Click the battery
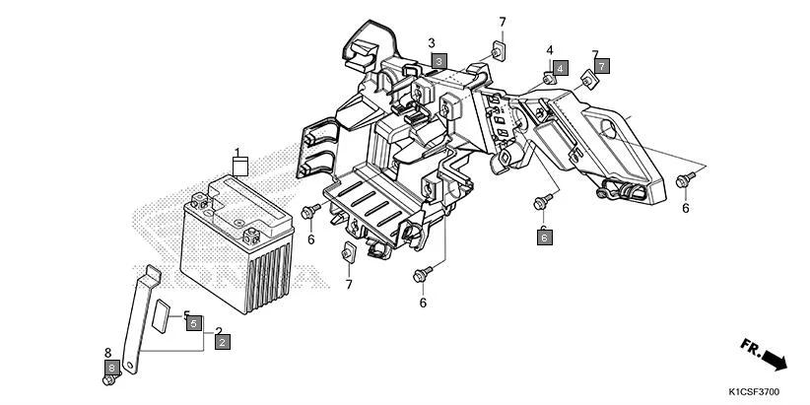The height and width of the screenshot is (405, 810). [236, 236]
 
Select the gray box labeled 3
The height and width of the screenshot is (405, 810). [439, 61]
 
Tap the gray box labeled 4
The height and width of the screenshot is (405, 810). [560, 68]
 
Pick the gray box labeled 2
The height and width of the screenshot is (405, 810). [223, 341]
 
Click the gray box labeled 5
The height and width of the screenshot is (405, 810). [194, 322]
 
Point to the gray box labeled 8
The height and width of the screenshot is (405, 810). [112, 368]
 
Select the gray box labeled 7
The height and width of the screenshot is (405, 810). [602, 66]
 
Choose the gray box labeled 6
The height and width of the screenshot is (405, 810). [544, 236]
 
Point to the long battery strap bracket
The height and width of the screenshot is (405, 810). [134, 315]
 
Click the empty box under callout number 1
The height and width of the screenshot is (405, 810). [237, 166]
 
